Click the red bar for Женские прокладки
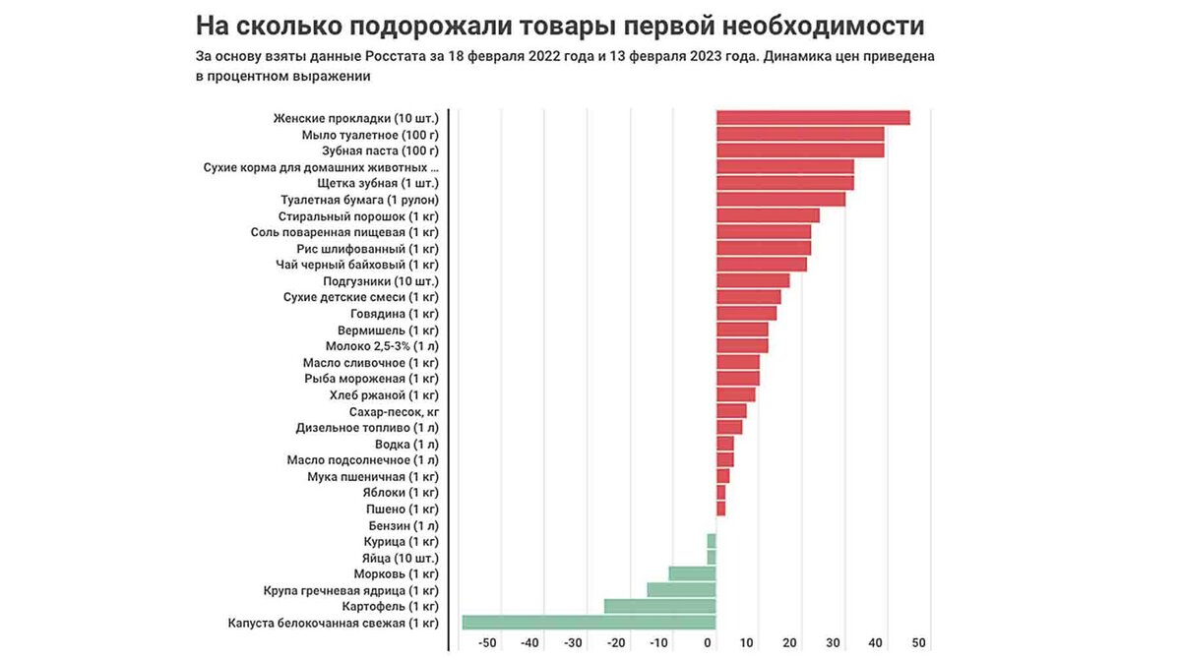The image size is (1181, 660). (x=812, y=118)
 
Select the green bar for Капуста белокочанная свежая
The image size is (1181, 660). (x=589, y=623)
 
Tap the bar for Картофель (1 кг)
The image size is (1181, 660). (x=659, y=606)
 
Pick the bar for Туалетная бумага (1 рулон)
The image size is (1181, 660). (x=780, y=200)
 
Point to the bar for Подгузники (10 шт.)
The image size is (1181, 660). (x=752, y=280)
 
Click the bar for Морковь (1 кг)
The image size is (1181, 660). (x=692, y=573)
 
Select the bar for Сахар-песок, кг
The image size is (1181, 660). (x=730, y=411)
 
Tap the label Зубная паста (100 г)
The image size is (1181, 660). (x=380, y=150)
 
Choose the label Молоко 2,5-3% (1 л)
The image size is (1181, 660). (x=382, y=346)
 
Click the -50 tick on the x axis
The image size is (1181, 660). (x=487, y=643)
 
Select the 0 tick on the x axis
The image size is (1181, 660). (x=709, y=643)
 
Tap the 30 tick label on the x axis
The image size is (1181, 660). (x=833, y=643)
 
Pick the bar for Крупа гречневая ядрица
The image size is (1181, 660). (x=681, y=590)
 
